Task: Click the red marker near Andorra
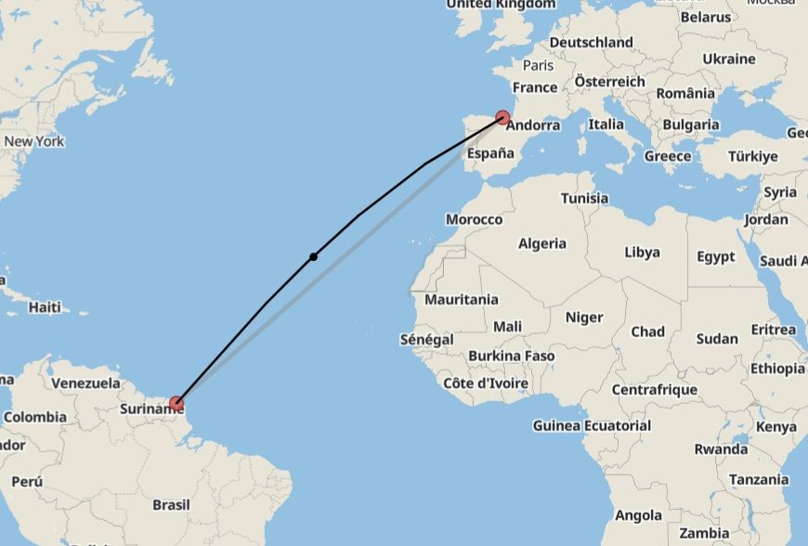[502, 118]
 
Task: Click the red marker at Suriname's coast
[176, 403]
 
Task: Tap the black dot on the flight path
[314, 256]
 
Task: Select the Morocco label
[474, 220]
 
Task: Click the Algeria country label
[541, 244]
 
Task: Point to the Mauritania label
[461, 300]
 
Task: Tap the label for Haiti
[45, 307]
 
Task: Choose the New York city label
[34, 142]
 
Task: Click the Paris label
[538, 66]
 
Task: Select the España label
[490, 154]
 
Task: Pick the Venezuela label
[85, 383]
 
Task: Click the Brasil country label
[171, 505]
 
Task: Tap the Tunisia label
[584, 199]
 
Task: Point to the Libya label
[642, 253]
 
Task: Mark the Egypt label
[715, 257]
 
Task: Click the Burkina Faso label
[511, 357]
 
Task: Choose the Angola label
[638, 515]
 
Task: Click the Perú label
[27, 482]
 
